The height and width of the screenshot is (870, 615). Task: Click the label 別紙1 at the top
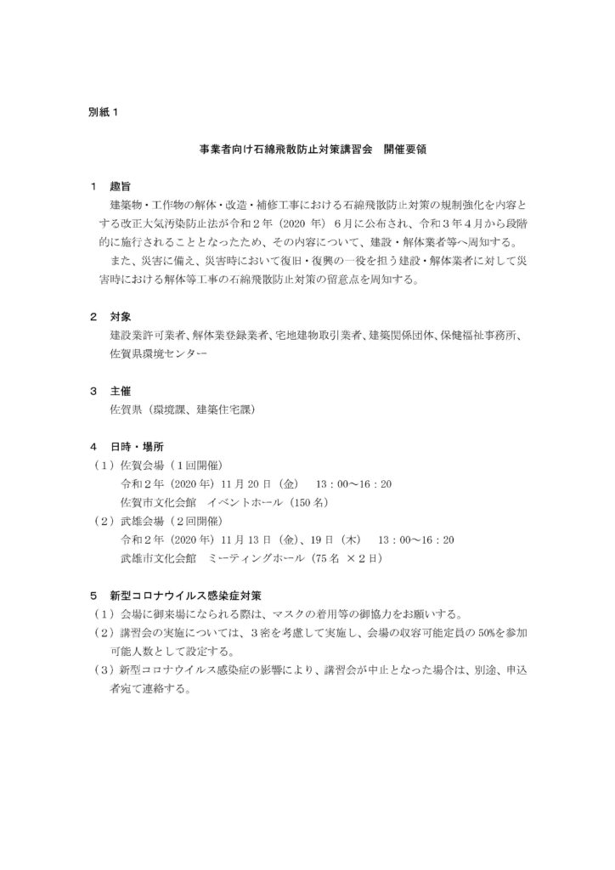pos(105,112)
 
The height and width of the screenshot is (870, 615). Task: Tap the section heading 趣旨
pos(120,186)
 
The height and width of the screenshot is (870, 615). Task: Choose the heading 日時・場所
pos(135,446)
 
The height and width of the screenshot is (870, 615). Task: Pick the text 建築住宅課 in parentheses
pos(223,409)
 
